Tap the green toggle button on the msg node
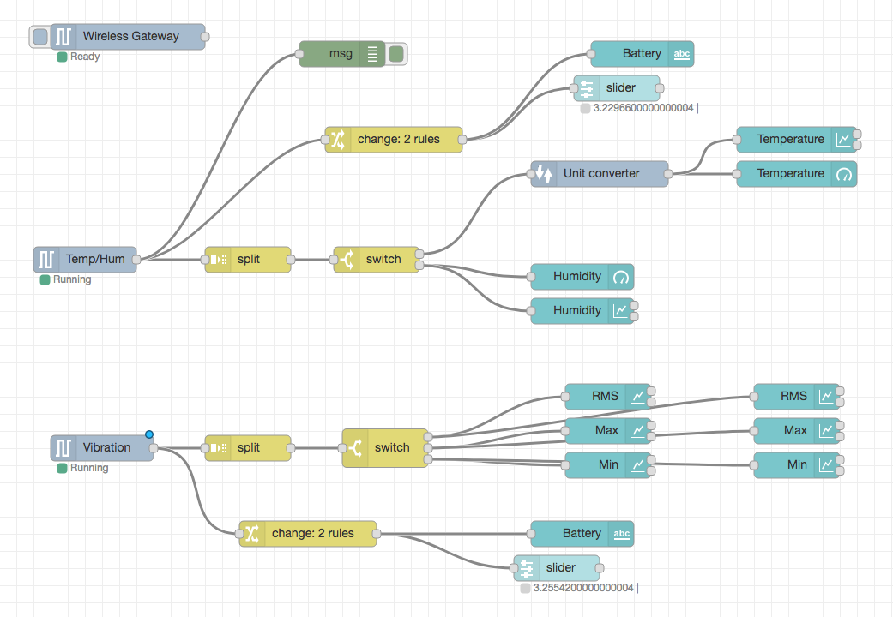(395, 54)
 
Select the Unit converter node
(600, 174)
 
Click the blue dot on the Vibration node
(149, 434)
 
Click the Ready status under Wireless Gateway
(84, 57)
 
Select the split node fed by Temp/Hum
(247, 260)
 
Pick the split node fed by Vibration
(247, 448)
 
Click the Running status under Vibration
(88, 469)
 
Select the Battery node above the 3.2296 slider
(642, 54)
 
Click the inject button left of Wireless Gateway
(39, 37)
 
